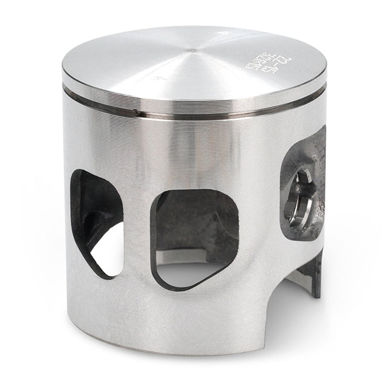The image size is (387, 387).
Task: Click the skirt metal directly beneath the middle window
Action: (193, 308)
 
